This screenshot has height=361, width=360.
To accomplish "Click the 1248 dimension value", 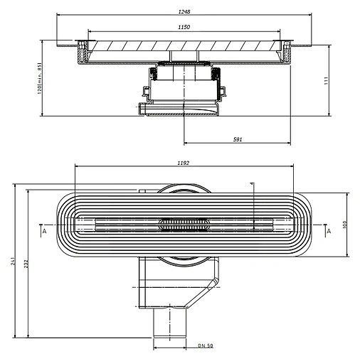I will coord(185,12).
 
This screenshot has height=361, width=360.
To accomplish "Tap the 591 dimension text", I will coord(238,139).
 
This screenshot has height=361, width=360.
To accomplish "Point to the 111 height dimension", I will coord(344,80).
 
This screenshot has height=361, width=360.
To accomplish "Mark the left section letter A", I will coord(44,232).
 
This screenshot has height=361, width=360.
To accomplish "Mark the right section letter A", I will coord(328,232).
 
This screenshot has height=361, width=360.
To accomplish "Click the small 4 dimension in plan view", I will coord(252,185).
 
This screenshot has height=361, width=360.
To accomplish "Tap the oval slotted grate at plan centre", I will coord(184,225).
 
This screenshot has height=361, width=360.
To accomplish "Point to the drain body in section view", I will coord(184,89).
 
